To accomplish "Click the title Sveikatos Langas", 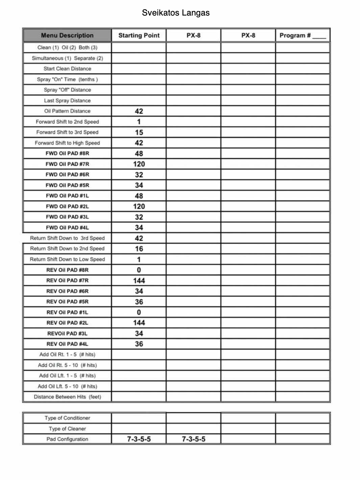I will pyautogui.click(x=175, y=13).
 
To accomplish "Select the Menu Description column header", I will pyautogui.click(x=67, y=35).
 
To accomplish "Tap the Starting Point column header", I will pyautogui.click(x=139, y=35).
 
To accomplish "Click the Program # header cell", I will pyautogui.click(x=302, y=35).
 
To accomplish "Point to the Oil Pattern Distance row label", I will pyautogui.click(x=67, y=111).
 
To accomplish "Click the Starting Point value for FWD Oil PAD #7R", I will pyautogui.click(x=139, y=164).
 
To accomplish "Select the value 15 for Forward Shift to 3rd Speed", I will pyautogui.click(x=139, y=132).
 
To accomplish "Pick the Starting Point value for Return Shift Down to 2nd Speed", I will pyautogui.click(x=139, y=249).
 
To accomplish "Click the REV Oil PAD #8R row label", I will pyautogui.click(x=67, y=270).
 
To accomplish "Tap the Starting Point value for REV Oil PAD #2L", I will pyautogui.click(x=139, y=323).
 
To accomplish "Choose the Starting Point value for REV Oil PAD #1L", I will pyautogui.click(x=139, y=312).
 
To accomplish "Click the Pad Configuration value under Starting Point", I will pyautogui.click(x=139, y=439).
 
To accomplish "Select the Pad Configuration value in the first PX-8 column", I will pyautogui.click(x=193, y=439).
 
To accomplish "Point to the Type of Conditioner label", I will pyautogui.click(x=67, y=418).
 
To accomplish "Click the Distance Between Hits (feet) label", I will pyautogui.click(x=67, y=397).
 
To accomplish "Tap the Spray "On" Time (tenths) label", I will pyautogui.click(x=67, y=79).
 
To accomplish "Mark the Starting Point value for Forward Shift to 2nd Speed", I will pyautogui.click(x=139, y=122).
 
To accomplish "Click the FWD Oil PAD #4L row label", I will pyautogui.click(x=67, y=228).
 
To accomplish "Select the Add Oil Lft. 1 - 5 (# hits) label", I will pyautogui.click(x=67, y=376).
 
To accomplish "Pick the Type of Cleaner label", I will pyautogui.click(x=67, y=429).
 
